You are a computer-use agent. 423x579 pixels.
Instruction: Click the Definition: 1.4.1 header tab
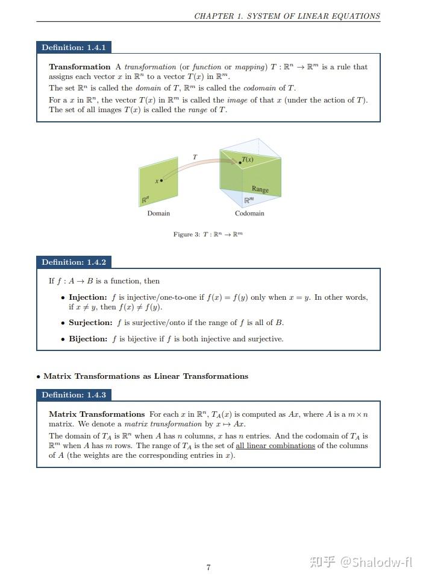pyautogui.click(x=74, y=48)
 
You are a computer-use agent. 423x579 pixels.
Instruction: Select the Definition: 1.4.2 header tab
pyautogui.click(x=74, y=262)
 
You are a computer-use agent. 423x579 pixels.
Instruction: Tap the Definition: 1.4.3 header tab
pyautogui.click(x=74, y=395)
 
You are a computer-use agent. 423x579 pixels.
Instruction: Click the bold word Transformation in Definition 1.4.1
pyautogui.click(x=80, y=67)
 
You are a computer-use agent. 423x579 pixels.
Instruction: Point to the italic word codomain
pyautogui.click(x=260, y=88)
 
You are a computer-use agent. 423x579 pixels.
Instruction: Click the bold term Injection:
pyautogui.click(x=88, y=297)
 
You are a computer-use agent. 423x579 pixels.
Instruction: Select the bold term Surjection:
pyautogui.click(x=90, y=323)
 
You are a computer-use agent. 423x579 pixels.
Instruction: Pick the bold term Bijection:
pyautogui.click(x=88, y=339)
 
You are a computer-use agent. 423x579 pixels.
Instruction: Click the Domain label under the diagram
pyautogui.click(x=158, y=214)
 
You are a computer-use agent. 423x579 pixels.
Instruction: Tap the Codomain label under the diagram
pyautogui.click(x=249, y=214)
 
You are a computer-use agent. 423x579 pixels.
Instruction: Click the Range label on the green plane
pyautogui.click(x=260, y=189)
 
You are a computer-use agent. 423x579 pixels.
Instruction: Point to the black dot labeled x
pyautogui.click(x=161, y=180)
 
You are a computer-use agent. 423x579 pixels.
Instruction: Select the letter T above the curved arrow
pyautogui.click(x=195, y=157)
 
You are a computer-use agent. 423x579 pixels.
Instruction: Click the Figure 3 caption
pyautogui.click(x=208, y=235)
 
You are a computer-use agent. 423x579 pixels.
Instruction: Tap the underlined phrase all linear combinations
pyautogui.click(x=275, y=446)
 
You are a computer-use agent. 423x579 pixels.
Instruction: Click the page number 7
pyautogui.click(x=208, y=568)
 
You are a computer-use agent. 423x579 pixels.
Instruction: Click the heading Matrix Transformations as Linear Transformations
pyautogui.click(x=146, y=376)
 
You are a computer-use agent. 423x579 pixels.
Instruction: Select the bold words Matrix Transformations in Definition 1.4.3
pyautogui.click(x=96, y=414)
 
